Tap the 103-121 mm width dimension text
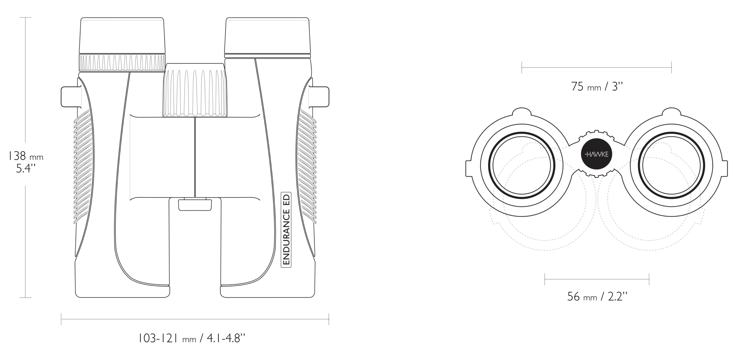(x=192, y=338)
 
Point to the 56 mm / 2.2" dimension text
(x=597, y=296)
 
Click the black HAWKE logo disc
(x=596, y=154)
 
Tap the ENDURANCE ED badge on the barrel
(x=286, y=229)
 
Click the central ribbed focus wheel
(x=195, y=90)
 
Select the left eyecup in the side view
(x=122, y=36)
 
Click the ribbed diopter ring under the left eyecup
(x=122, y=63)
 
